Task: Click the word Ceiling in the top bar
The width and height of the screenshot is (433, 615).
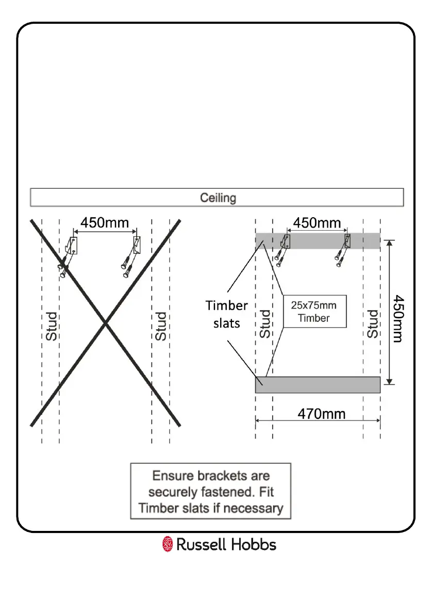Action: coord(218,198)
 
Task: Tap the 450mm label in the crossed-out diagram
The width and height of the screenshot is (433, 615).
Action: coord(105,223)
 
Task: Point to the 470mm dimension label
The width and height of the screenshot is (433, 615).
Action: coord(322,414)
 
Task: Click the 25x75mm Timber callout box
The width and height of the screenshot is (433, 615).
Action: coord(314,311)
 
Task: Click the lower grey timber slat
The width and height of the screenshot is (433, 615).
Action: coord(318,385)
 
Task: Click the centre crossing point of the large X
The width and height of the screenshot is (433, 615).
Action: coord(106,323)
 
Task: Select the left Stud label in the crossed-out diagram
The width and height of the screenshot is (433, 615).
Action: coord(52,326)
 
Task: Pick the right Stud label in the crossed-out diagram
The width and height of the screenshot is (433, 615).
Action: coord(161,326)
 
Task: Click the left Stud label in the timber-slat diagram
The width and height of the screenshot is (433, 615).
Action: coord(264,323)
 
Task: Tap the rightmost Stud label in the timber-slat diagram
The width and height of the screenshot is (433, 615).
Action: coord(372,323)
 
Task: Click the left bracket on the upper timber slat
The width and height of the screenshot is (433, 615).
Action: coord(286,241)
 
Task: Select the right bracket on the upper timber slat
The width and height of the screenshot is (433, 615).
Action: coord(348,241)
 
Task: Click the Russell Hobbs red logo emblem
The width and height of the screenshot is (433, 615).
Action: coord(168,544)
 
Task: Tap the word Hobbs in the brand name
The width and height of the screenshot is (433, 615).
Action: coord(253,544)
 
